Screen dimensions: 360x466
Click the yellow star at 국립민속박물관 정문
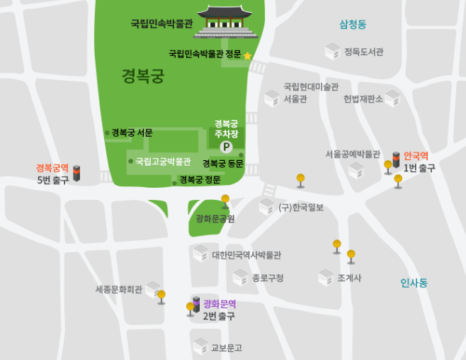click(248, 55)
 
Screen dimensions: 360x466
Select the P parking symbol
click(226, 147)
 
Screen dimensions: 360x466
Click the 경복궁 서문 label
click(132, 133)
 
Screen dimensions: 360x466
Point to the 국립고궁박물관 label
click(163, 161)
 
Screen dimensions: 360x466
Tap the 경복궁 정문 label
click(200, 180)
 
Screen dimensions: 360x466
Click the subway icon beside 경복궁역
click(77, 173)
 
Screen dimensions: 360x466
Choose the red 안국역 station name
click(416, 156)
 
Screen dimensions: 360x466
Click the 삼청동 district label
click(353, 25)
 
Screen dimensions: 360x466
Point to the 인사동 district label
click(414, 283)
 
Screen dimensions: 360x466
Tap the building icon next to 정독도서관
click(332, 51)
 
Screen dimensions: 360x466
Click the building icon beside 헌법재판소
click(393, 99)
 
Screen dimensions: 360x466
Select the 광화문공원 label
click(215, 219)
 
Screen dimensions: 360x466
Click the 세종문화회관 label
click(119, 289)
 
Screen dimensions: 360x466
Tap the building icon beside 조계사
click(326, 277)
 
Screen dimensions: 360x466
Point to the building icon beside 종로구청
click(241, 277)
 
